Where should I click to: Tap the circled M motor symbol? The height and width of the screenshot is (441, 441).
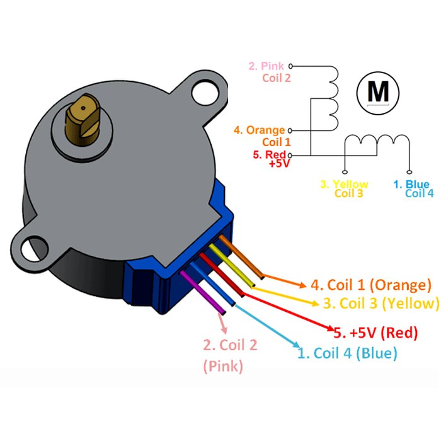(379, 92)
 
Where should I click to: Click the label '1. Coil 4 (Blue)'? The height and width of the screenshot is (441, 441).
(347, 353)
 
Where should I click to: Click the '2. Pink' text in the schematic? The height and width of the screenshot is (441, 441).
(267, 66)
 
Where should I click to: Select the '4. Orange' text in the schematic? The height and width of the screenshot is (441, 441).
(259, 130)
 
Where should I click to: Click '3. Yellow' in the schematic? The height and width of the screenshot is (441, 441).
(344, 185)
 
